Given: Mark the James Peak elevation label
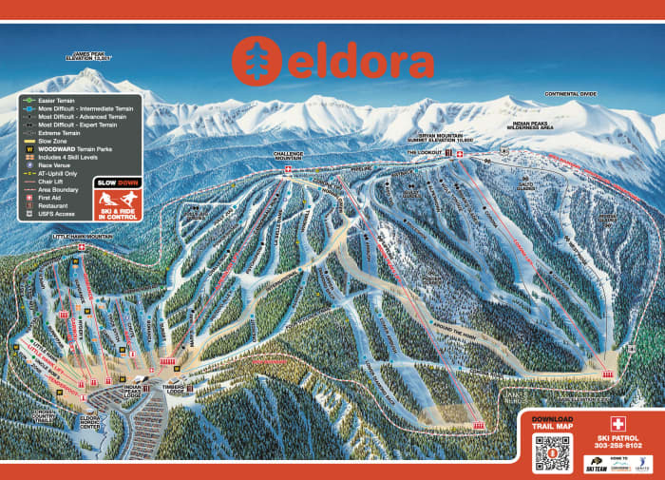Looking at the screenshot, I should (89, 57).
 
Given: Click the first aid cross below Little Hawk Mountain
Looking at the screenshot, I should (82, 249).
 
